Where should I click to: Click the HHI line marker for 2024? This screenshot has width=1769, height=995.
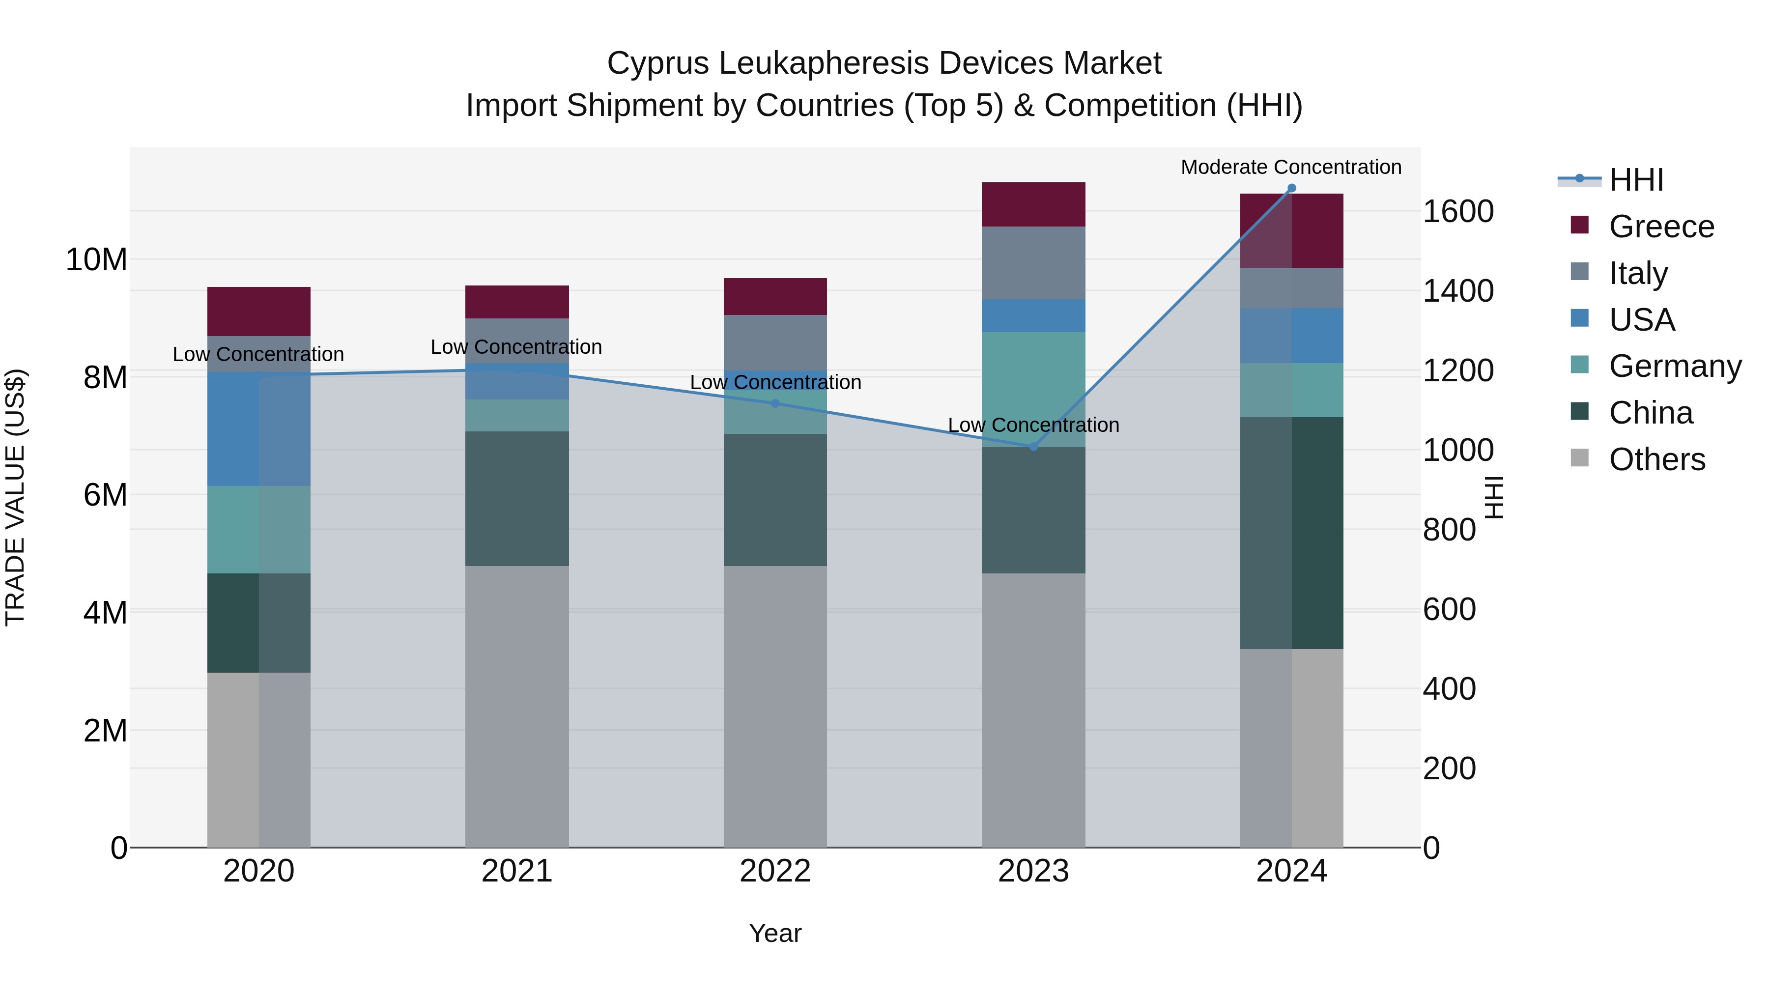pyautogui.click(x=1291, y=188)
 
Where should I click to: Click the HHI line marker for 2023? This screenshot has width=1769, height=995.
pyautogui.click(x=1033, y=447)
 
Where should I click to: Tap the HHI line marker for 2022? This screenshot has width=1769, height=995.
pyautogui.click(x=775, y=403)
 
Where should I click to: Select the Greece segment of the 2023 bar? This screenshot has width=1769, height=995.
pyautogui.click(x=1033, y=204)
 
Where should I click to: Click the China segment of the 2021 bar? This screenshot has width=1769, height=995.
pyautogui.click(x=516, y=499)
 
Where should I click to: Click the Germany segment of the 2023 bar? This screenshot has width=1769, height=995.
pyautogui.click(x=1033, y=389)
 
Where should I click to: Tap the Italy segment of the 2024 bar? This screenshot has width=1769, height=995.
pyautogui.click(x=1291, y=288)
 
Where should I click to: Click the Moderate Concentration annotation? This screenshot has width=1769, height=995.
pyautogui.click(x=1290, y=167)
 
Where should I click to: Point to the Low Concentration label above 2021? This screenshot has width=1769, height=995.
pyautogui.click(x=516, y=347)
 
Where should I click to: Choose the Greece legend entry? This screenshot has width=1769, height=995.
pyautogui.click(x=1661, y=227)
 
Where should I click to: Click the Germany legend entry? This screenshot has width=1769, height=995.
pyautogui.click(x=1675, y=366)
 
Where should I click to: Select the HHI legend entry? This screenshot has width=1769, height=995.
pyautogui.click(x=1636, y=180)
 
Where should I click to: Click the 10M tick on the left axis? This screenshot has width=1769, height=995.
pyautogui.click(x=96, y=259)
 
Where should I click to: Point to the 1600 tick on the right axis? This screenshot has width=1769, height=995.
pyautogui.click(x=1457, y=211)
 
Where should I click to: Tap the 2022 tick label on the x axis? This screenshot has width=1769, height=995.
pyautogui.click(x=775, y=871)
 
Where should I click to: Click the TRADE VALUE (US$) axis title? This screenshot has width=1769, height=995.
pyautogui.click(x=15, y=497)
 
